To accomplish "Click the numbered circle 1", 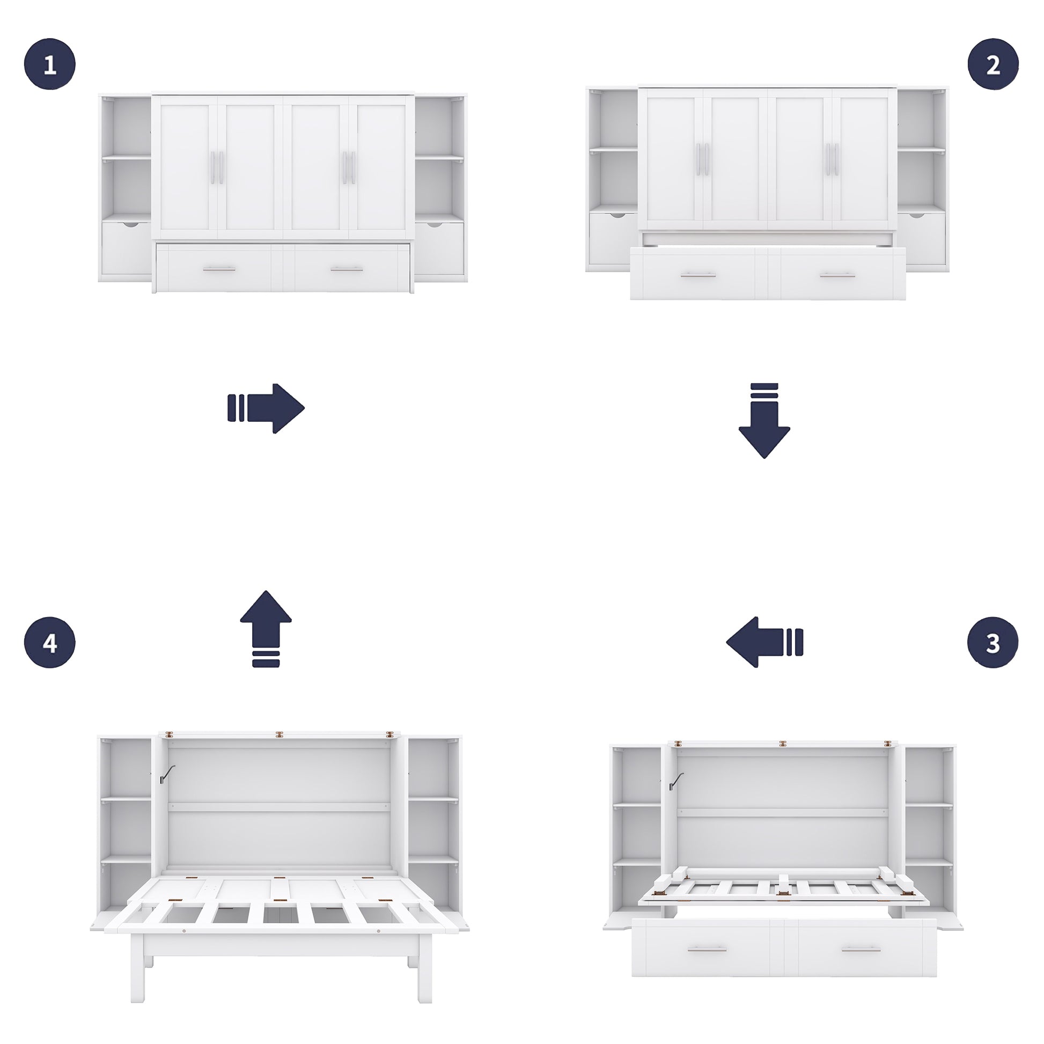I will pos(50,64).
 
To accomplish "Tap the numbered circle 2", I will pos(992,64).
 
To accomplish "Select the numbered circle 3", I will pos(992,643).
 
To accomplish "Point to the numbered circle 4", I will pos(50,643).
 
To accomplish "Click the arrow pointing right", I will pos(267,408).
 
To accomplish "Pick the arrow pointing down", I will pos(764,421).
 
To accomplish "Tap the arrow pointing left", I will pos(764,643).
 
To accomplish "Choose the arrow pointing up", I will pos(266,628).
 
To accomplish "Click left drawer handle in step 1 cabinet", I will pos(219,269).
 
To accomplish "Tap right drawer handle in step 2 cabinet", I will pos(837,276).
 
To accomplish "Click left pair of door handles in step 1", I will pos(217,167).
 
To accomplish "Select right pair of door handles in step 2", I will pos(832,159).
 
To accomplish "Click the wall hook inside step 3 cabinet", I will pos(675,781).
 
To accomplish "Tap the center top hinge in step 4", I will pos(279,735).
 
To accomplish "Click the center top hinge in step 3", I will pos(782,744).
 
